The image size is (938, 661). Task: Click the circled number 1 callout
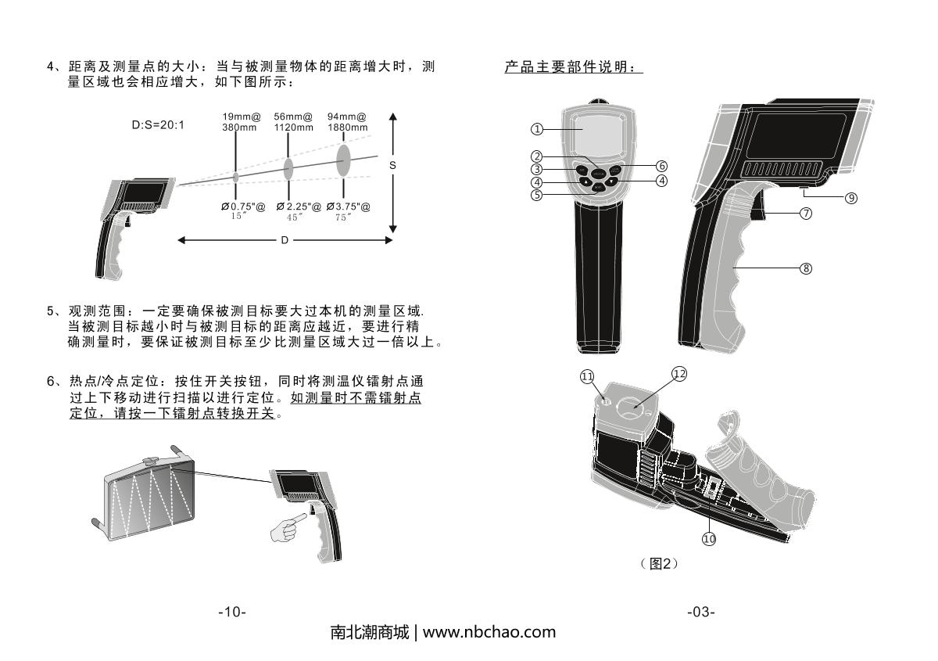point(536,128)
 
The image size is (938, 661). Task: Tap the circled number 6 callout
point(661,166)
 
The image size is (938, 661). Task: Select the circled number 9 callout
point(852,198)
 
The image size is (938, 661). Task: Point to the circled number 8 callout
point(806,268)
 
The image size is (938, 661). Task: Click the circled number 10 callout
point(709,538)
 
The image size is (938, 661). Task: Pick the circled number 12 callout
point(679,374)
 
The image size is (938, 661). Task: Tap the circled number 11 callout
point(587,377)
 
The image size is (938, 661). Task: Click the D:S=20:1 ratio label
point(158,124)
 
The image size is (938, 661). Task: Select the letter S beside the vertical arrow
point(392,166)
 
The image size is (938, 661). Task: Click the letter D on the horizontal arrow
point(285,240)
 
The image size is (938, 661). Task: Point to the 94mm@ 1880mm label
point(347,121)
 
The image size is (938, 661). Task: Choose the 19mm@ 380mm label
point(236,121)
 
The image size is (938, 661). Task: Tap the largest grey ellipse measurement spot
point(343,161)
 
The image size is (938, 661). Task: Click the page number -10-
point(231,612)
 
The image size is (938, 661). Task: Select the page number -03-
point(700,612)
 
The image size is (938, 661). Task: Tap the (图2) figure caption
point(658,563)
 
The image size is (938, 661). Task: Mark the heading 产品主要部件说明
point(573,68)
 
